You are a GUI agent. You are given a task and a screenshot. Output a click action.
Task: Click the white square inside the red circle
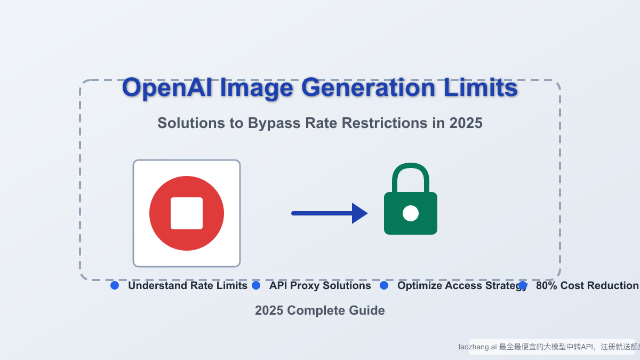click(187, 213)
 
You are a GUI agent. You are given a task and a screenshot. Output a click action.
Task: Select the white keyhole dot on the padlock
click(410, 213)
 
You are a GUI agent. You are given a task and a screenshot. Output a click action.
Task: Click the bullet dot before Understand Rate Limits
click(115, 286)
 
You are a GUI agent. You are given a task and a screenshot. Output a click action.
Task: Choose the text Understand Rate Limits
click(188, 286)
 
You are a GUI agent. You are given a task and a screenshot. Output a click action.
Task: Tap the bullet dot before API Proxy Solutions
click(256, 286)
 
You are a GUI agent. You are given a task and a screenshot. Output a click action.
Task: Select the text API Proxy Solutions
click(320, 286)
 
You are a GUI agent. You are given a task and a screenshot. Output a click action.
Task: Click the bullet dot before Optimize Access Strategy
click(384, 286)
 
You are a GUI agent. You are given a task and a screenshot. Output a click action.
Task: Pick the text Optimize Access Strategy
click(461, 286)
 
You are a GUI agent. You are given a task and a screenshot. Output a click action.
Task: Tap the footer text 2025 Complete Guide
click(320, 310)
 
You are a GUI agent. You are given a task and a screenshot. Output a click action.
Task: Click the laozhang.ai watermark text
click(477, 347)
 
